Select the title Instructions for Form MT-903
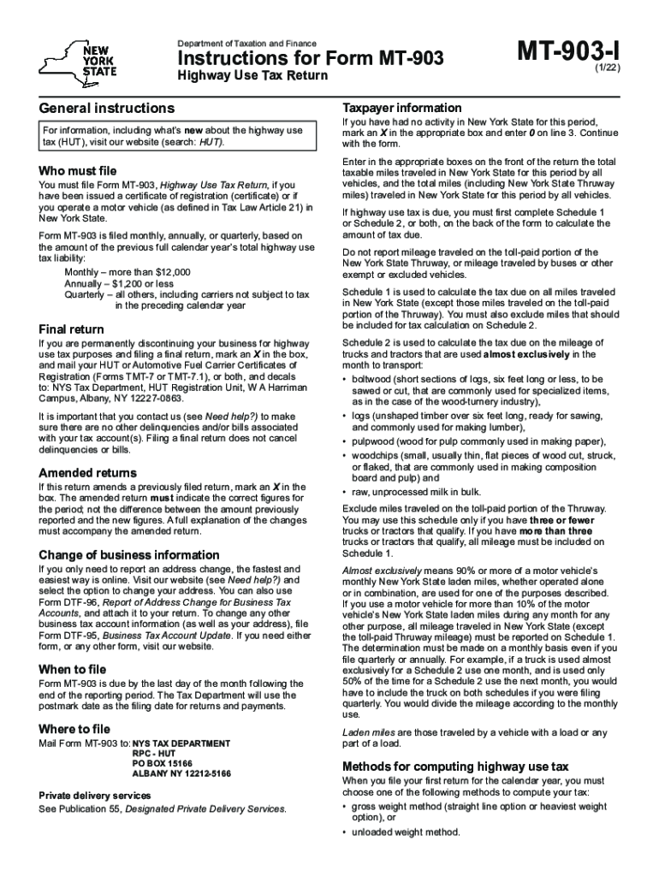pyautogui.click(x=310, y=59)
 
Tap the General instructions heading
pyautogui.click(x=107, y=109)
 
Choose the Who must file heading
pyautogui.click(x=78, y=170)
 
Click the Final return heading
pyautogui.click(x=72, y=329)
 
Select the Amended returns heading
pyautogui.click(x=87, y=472)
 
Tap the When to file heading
pyautogui.click(x=73, y=668)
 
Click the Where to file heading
pyautogui.click(x=74, y=729)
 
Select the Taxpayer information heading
pyautogui.click(x=402, y=108)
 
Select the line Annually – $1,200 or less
pyautogui.click(x=119, y=283)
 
